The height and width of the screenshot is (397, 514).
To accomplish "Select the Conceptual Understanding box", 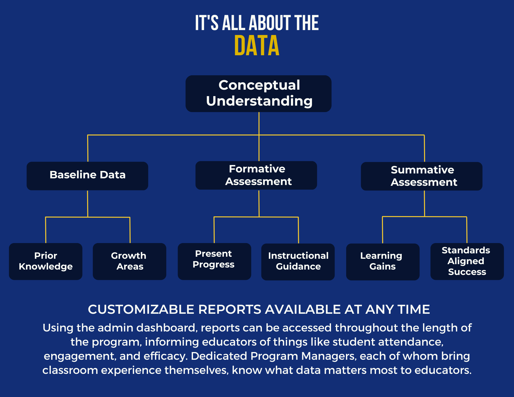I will point(259,94).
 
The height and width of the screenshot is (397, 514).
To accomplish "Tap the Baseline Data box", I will point(87,176).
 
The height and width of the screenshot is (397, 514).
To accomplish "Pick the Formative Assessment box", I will point(256,175).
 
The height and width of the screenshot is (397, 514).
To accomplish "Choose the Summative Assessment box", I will point(421,176).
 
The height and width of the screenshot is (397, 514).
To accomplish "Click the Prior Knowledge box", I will point(46,261).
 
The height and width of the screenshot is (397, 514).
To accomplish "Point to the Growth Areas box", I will point(130,261).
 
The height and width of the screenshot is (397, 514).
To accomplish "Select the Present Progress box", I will point(214,261).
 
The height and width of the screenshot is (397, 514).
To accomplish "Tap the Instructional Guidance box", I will point(298,262).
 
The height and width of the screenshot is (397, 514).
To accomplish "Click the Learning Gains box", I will point(383,262).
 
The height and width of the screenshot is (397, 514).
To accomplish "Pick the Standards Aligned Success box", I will point(467,261).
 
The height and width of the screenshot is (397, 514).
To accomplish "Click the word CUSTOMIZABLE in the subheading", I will point(141,309).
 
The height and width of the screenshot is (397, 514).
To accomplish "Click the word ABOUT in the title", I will point(270,23).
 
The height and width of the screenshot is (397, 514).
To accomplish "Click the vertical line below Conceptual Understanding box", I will point(259,123).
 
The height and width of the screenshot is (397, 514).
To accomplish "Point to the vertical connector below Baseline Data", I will point(88,204).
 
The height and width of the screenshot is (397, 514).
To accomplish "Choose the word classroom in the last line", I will point(70,370).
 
